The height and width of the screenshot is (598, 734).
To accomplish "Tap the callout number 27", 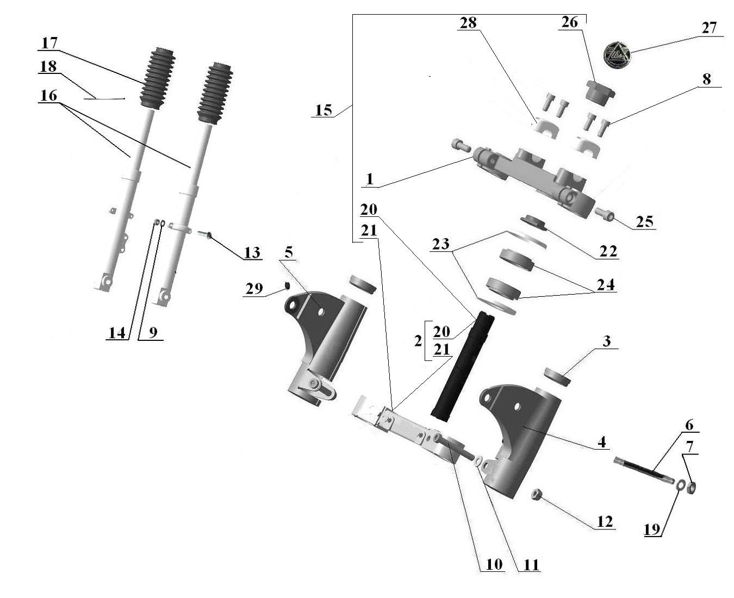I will tap(709, 28).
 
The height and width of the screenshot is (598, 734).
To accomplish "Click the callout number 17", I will tap(49, 43).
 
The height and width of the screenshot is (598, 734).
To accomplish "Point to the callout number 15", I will tap(323, 110).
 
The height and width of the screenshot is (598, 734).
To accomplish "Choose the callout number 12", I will tap(605, 522).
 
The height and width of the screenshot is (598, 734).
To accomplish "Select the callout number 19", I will tap(652, 530).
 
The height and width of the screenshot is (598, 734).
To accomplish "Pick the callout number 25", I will tap(644, 222).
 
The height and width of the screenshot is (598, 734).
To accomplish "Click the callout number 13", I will tap(252, 253).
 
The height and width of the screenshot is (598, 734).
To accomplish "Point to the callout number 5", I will tap(288, 252).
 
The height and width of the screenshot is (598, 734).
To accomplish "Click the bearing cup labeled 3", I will tap(557, 376).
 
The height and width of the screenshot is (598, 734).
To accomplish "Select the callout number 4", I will tap(601, 441).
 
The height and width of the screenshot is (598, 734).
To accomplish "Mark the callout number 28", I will tap(468, 23).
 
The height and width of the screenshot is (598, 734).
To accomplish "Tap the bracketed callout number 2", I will tap(418, 341).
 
